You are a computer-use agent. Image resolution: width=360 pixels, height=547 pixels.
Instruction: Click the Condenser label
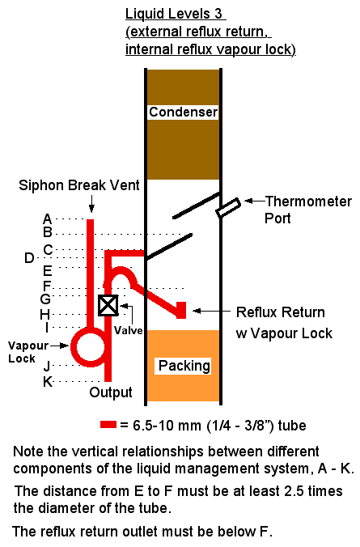(183, 112)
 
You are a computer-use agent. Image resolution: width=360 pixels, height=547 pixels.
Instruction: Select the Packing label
(184, 366)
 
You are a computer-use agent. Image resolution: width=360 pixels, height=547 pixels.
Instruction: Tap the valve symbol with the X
(108, 306)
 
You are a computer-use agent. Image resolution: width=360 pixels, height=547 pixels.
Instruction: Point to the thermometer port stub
(228, 208)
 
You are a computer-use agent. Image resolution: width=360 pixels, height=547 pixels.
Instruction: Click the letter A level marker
(48, 219)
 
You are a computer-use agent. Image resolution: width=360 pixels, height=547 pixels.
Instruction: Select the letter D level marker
(29, 258)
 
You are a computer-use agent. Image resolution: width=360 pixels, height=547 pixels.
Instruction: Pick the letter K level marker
(48, 382)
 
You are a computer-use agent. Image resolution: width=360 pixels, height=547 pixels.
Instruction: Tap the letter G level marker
(45, 299)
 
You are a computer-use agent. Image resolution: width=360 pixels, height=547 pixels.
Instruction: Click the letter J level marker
(47, 366)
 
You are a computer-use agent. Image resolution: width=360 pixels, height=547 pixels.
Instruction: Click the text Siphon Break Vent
(79, 185)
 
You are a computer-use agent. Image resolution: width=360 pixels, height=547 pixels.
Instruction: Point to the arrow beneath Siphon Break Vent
(91, 204)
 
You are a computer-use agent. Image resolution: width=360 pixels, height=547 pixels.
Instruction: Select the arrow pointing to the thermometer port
(255, 201)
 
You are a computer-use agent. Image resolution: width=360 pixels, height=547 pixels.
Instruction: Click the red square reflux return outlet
(181, 310)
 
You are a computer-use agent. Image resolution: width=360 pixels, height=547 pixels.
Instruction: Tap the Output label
(111, 392)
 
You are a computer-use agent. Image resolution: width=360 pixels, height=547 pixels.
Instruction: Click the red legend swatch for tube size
(108, 425)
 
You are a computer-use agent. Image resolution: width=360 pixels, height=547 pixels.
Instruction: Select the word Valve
(129, 330)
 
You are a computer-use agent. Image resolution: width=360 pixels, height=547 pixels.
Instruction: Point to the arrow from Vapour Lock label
(59, 346)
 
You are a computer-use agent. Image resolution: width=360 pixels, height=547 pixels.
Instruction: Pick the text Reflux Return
(281, 312)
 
